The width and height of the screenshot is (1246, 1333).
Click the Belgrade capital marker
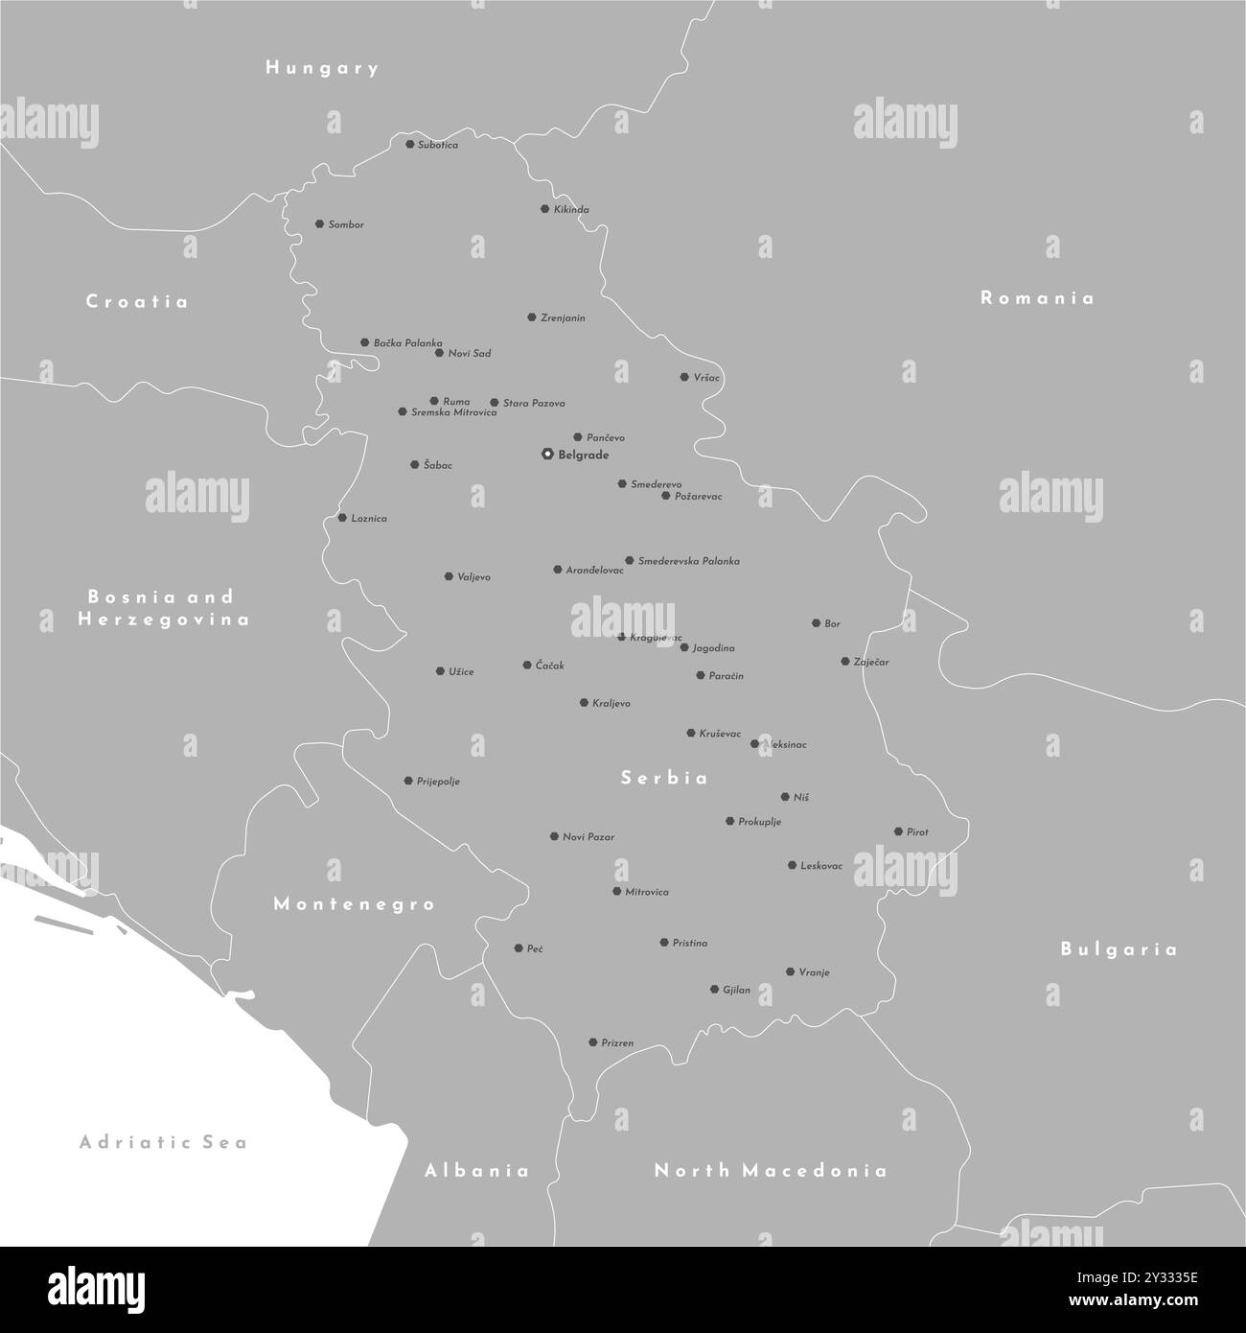[546, 455]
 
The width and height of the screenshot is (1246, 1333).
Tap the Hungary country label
[322, 68]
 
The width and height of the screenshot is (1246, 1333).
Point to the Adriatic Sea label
[164, 1142]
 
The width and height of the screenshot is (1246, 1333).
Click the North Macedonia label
[770, 1170]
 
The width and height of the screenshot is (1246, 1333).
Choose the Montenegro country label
[355, 903]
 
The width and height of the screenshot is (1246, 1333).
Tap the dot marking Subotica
[410, 145]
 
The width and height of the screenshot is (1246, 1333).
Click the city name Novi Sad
[470, 354]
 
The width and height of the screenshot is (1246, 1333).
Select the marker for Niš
[785, 797]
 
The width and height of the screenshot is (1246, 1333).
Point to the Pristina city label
[690, 944]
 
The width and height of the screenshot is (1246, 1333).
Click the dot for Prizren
[593, 1042]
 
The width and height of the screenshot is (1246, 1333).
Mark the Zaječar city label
[871, 663]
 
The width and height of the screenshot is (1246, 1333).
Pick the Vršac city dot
[684, 378]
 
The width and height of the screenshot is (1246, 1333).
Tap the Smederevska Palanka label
[688, 561]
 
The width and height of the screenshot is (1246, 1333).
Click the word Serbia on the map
[664, 778]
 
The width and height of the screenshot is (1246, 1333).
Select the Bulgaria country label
[1119, 949]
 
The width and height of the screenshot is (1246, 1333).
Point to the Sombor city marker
[319, 224]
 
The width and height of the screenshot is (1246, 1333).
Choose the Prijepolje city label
[438, 782]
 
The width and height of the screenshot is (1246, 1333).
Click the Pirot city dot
[898, 832]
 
